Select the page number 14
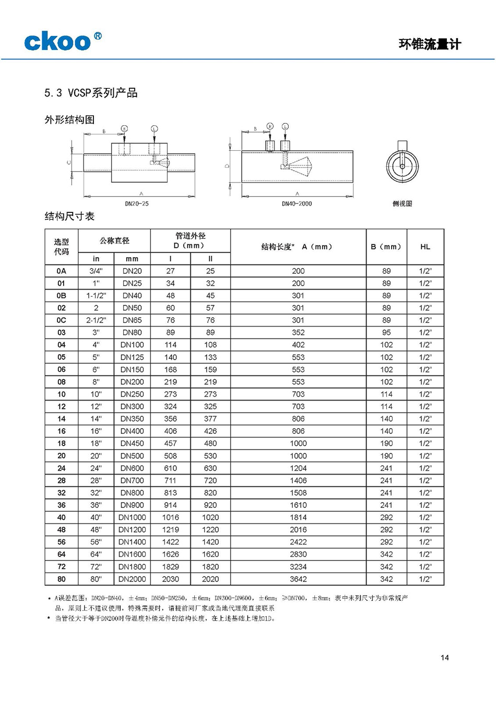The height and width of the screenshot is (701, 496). coord(444,657)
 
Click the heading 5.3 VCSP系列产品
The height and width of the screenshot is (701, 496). coord(91,93)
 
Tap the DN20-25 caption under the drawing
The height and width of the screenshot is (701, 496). coord(137,203)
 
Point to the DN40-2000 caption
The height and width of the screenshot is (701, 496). coord(297,203)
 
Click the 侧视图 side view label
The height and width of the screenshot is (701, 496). coord(402,203)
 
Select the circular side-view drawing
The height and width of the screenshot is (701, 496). coord(402,166)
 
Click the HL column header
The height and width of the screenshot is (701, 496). coord(425,247)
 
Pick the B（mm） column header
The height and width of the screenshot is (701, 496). coord(386,247)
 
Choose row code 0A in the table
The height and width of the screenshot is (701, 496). coord(62,271)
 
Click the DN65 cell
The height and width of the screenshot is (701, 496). coord(132,320)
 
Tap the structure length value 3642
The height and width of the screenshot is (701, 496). coord(298,579)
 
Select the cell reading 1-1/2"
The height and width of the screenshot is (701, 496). coord(96,295)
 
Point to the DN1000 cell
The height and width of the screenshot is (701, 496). coord(132,517)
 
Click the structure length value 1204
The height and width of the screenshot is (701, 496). coord(298,468)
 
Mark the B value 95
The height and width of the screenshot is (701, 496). coord(386,332)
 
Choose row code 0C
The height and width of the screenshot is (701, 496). coord(62,320)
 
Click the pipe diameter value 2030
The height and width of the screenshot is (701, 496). coord(170,579)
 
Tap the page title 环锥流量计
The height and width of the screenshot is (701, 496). coord(430,44)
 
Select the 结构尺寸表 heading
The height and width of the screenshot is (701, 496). coord(69,216)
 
